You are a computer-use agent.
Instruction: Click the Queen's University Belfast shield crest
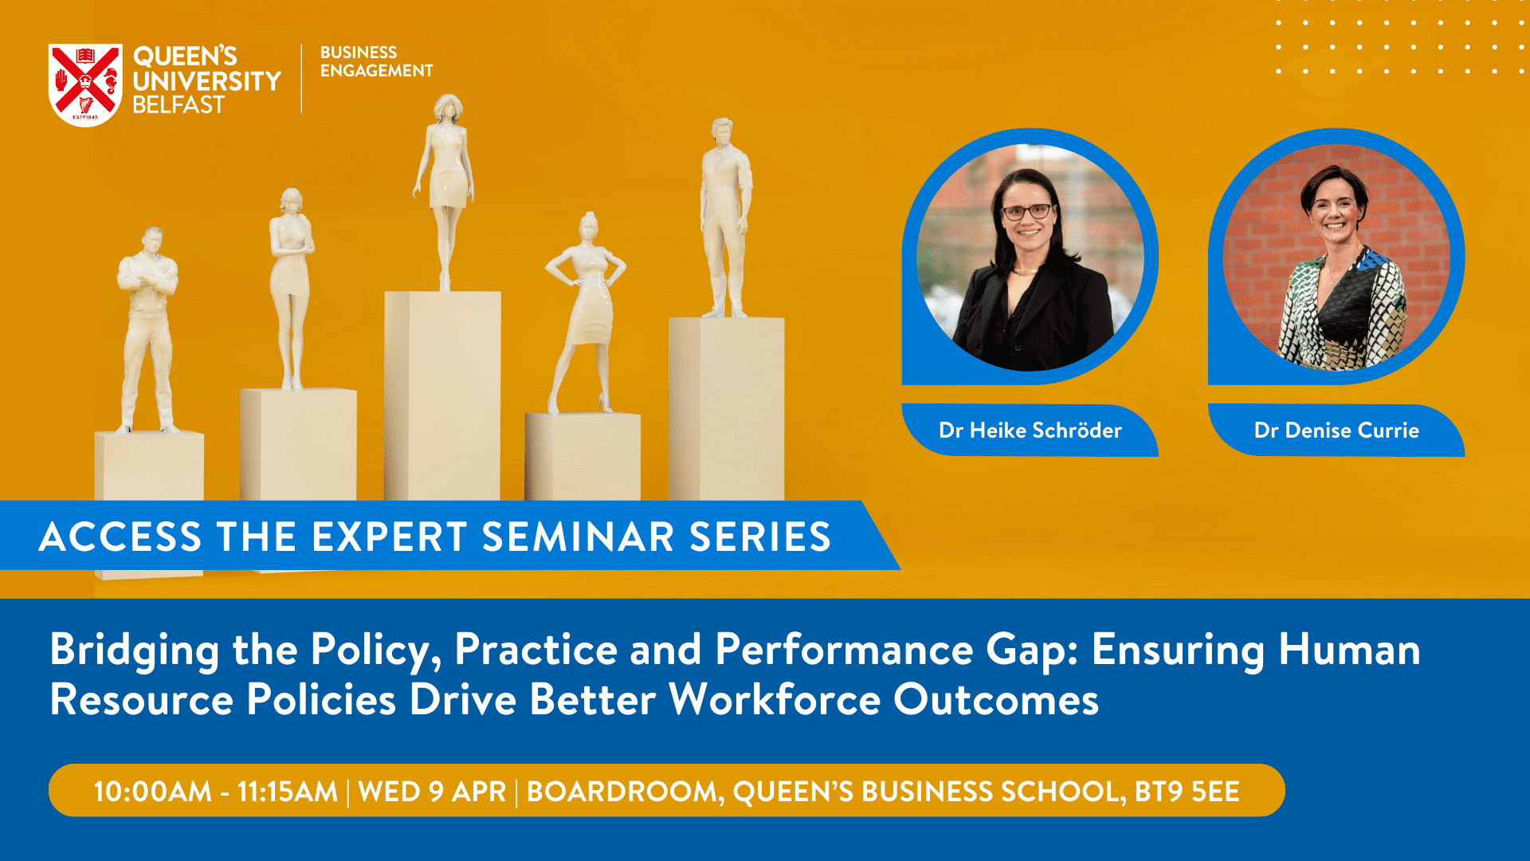[x=85, y=85]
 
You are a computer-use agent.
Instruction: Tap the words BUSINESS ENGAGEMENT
[x=376, y=61]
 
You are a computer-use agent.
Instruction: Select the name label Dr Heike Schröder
[x=1030, y=431]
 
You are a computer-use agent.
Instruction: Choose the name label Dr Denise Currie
[x=1336, y=431]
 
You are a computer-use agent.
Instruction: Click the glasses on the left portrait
[x=1027, y=212]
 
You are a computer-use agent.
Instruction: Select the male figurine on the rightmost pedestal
[x=726, y=218]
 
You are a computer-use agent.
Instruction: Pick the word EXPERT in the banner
[x=389, y=537]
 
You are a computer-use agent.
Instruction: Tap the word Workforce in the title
[x=775, y=700]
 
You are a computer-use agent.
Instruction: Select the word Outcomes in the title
[x=996, y=700]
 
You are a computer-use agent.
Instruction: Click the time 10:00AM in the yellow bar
[x=153, y=792]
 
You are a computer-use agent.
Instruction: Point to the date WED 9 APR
[x=433, y=792]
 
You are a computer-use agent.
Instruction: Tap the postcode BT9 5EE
[x=1187, y=792]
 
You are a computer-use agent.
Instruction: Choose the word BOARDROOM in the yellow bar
[x=625, y=792]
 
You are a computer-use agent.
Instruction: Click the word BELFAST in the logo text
[x=178, y=104]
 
